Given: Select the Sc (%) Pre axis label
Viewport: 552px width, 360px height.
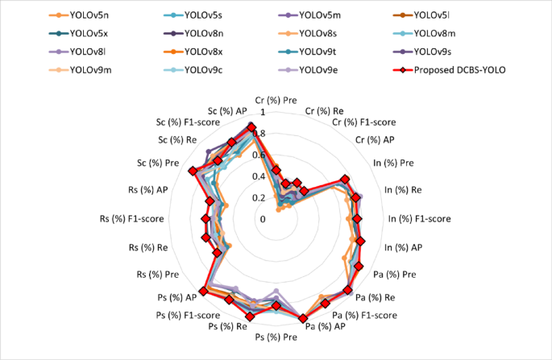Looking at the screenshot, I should click(x=159, y=163).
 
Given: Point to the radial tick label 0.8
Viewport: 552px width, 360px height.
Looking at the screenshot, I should click(x=259, y=134).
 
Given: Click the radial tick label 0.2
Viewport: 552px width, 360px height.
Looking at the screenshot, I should click(x=259, y=197).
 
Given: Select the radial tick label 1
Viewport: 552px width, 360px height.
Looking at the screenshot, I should click(x=262, y=112).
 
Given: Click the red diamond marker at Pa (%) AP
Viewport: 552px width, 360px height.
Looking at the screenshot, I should click(x=303, y=319).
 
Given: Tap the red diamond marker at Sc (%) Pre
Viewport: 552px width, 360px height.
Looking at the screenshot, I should click(x=192, y=171).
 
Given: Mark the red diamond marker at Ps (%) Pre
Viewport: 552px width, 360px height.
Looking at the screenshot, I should click(x=276, y=306).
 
